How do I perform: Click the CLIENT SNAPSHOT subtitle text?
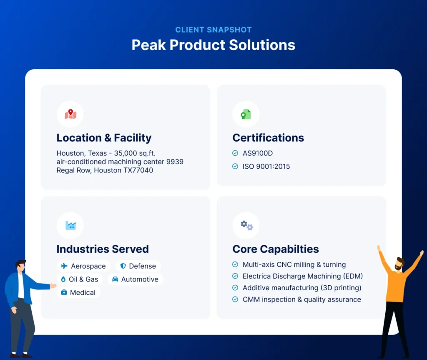(x=213, y=30)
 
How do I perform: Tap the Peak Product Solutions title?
(x=213, y=45)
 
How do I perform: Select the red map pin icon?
(x=70, y=114)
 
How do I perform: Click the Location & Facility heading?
(x=104, y=138)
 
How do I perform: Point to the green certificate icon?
(x=246, y=114)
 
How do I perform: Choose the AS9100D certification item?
(x=257, y=153)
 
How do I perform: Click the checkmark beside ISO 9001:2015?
(x=235, y=166)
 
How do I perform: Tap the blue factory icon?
(x=70, y=226)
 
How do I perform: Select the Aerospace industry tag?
(x=83, y=266)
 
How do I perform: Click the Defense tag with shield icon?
(x=138, y=266)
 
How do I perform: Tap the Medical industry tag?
(x=78, y=293)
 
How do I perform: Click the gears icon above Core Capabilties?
(x=246, y=226)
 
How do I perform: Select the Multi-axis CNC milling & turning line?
(x=294, y=264)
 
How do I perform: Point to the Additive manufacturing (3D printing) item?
(x=301, y=288)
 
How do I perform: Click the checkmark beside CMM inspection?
(x=235, y=299)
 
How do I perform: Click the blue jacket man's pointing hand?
(x=53, y=286)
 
